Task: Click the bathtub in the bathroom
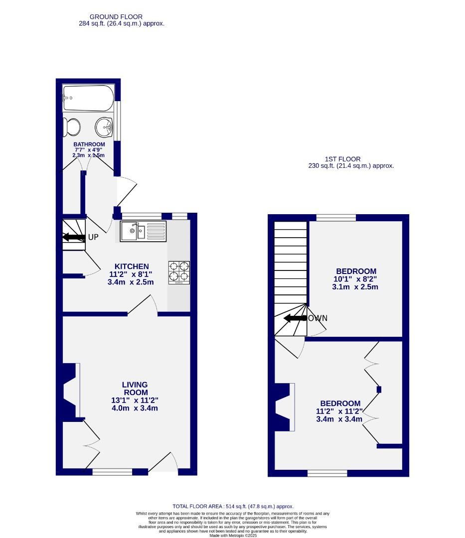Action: point(88,98)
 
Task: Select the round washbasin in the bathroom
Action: point(105,127)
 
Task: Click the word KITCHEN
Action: point(132,266)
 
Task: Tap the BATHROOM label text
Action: point(89,144)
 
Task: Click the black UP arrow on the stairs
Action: point(73,237)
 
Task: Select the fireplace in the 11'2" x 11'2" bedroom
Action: point(284,406)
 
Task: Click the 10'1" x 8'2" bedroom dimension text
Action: point(355,279)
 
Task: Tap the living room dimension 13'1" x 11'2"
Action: point(135,401)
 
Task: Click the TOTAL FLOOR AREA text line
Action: point(233,506)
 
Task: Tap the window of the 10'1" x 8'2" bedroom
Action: point(336,218)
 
